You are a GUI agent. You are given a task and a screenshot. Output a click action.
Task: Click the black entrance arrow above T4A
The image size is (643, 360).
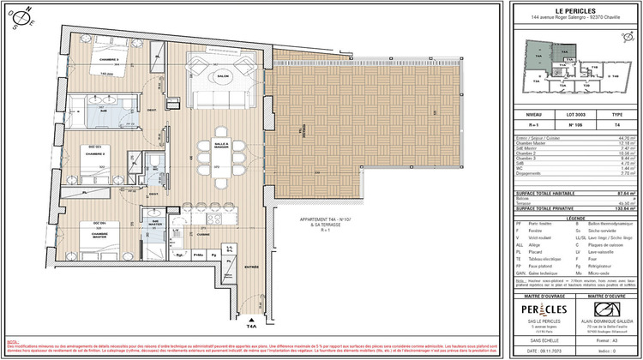252,315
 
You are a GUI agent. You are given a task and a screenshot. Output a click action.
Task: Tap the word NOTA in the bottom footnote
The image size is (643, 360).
12,340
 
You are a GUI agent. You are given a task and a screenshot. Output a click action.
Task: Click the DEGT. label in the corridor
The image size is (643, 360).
152,110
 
